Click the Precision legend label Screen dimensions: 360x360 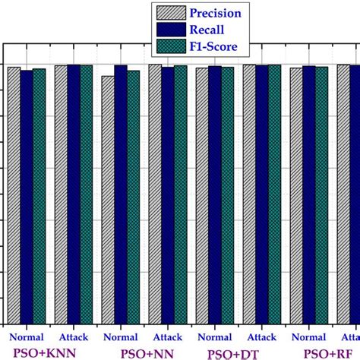(x=216, y=13)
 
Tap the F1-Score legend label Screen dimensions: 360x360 (x=213, y=47)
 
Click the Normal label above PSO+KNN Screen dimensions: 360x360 (x=25, y=336)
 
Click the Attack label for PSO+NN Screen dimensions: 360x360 (x=166, y=336)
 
